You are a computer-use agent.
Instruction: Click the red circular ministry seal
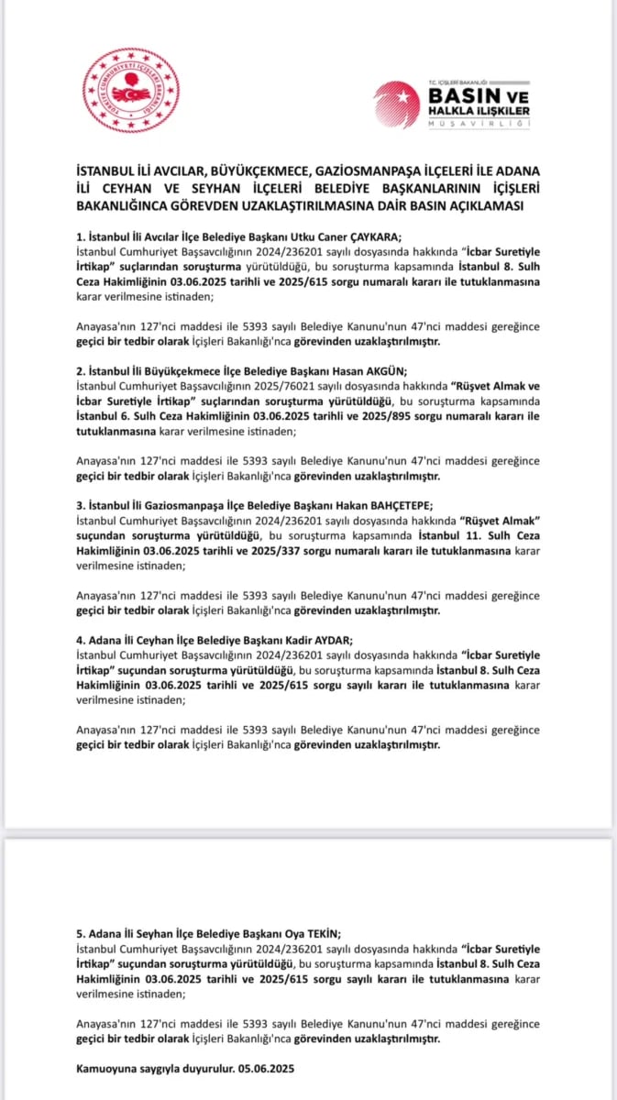pyautogui.click(x=132, y=91)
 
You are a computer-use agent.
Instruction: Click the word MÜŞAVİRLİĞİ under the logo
pyautogui.click(x=480, y=124)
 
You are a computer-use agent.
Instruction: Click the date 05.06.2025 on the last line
pyautogui.click(x=264, y=1069)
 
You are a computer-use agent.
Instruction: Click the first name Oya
pyautogui.click(x=279, y=932)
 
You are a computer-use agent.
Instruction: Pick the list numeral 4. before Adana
pyautogui.click(x=81, y=640)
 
